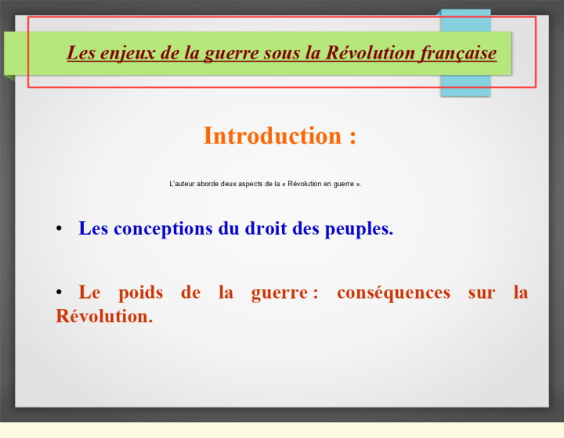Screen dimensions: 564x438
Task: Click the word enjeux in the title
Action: pos(128,53)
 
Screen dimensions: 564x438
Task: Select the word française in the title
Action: pos(458,53)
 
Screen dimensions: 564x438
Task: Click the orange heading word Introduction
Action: pos(273,136)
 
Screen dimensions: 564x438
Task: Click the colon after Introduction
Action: pos(352,138)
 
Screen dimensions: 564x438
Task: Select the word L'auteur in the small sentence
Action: pos(182,184)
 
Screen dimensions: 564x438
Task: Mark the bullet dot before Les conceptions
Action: pos(59,228)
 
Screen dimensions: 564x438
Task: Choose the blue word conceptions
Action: pos(163,228)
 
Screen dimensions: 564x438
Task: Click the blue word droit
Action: pos(266,228)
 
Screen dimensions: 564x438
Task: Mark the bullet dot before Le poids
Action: pos(59,293)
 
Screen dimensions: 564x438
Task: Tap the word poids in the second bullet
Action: pos(141,293)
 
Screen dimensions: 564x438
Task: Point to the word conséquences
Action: pos(393,293)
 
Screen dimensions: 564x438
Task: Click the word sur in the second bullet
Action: pos(482,293)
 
